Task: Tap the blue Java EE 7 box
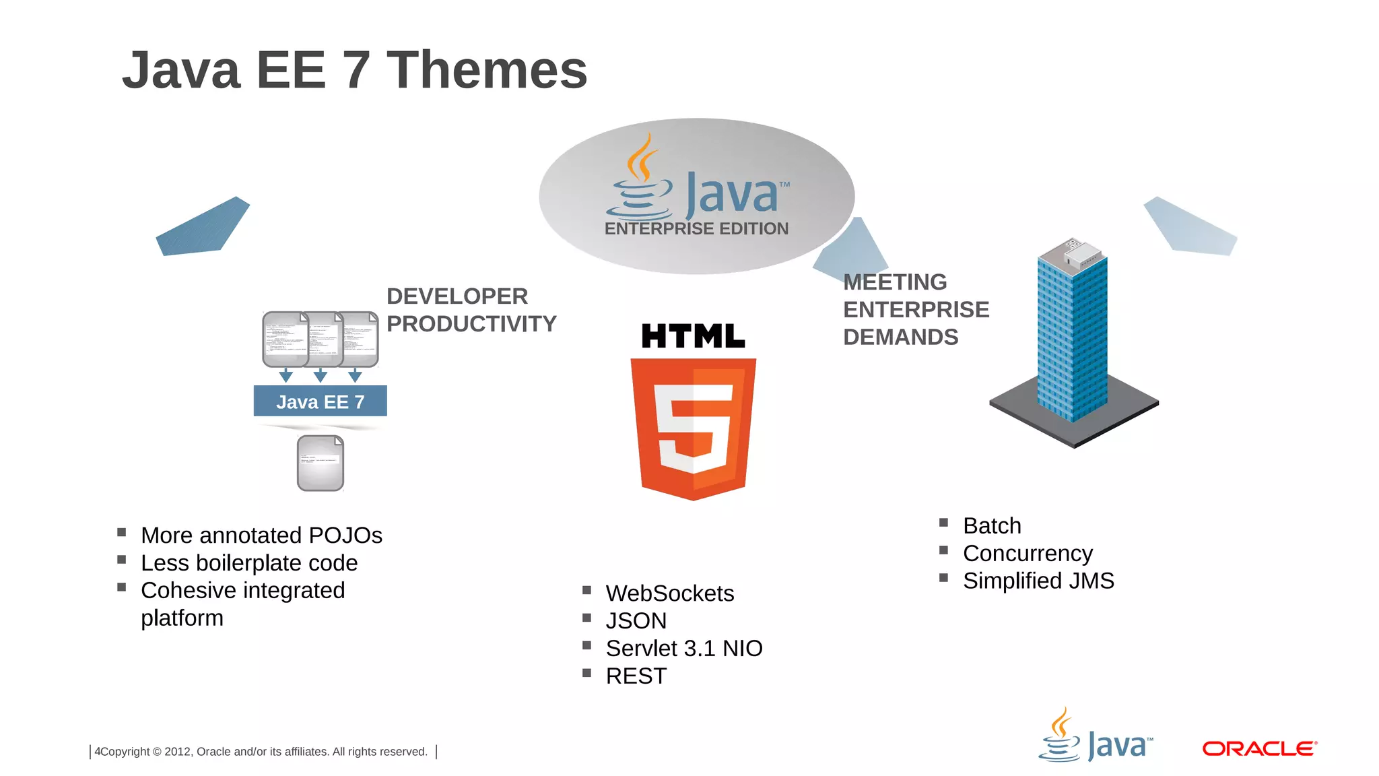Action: (x=320, y=401)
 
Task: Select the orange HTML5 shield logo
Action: (x=693, y=428)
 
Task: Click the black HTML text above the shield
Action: (x=693, y=336)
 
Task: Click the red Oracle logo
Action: (x=1259, y=748)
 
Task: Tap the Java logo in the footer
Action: (x=1096, y=738)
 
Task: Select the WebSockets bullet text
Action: (x=669, y=593)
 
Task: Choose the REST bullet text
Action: (x=636, y=676)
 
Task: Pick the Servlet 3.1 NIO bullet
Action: (x=683, y=649)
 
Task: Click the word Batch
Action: (x=992, y=526)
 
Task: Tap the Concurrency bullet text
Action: (x=1028, y=554)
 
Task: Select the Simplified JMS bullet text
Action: (x=1038, y=581)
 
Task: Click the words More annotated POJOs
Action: (x=261, y=536)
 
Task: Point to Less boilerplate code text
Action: (x=249, y=563)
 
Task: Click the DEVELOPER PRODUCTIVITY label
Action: (x=471, y=310)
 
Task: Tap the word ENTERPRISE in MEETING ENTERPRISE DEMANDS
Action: (x=916, y=310)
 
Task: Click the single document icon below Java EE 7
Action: (x=321, y=463)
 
